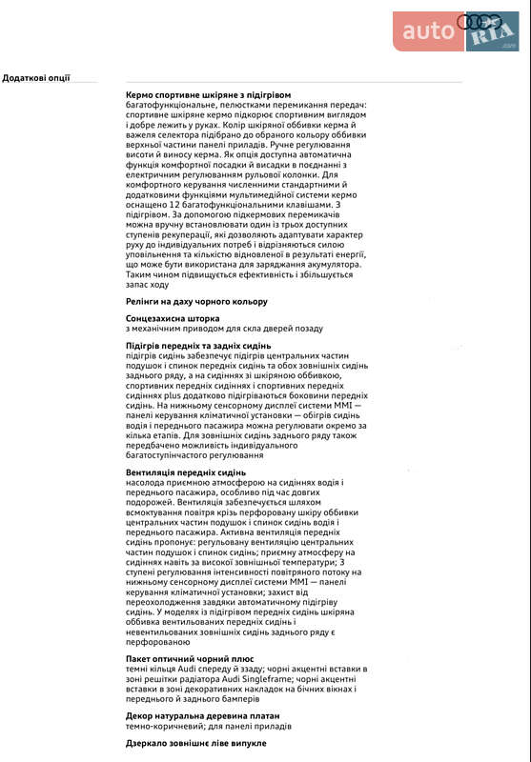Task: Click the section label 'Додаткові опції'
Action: [x=36, y=78]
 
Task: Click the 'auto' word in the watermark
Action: [x=430, y=31]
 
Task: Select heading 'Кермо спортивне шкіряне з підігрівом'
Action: [x=209, y=94]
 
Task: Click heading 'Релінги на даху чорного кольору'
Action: [x=196, y=301]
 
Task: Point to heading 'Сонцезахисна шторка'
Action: [x=173, y=318]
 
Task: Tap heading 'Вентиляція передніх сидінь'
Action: [x=186, y=472]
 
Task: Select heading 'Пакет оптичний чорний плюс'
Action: [x=190, y=658]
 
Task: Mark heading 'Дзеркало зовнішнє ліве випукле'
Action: [x=195, y=742]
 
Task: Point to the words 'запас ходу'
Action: [x=147, y=284]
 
